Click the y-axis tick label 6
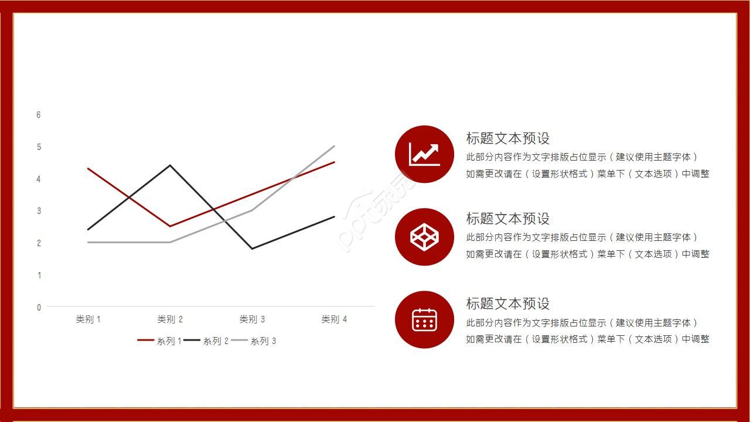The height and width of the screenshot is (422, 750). click(x=39, y=115)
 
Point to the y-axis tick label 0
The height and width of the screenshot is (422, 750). click(x=39, y=307)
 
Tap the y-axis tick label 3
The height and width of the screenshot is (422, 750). click(x=39, y=210)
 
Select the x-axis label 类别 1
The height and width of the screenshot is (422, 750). click(x=88, y=319)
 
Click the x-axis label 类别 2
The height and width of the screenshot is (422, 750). click(x=170, y=319)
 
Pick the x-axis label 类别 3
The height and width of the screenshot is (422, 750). click(x=252, y=319)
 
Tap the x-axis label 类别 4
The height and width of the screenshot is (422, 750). click(x=334, y=319)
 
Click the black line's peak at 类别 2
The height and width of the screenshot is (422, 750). click(x=170, y=165)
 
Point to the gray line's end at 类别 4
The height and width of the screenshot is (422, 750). click(x=334, y=147)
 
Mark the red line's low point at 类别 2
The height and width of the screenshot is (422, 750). click(x=170, y=226)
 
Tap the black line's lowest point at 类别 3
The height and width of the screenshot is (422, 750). click(x=252, y=249)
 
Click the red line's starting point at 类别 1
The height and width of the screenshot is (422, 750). click(x=88, y=169)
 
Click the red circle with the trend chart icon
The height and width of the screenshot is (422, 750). click(x=424, y=154)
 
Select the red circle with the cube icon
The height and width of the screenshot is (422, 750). click(x=424, y=237)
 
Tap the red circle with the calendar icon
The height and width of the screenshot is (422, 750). click(x=424, y=319)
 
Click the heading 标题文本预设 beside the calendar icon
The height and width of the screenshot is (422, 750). click(x=508, y=304)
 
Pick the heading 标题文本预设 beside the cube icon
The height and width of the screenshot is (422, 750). click(x=508, y=219)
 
